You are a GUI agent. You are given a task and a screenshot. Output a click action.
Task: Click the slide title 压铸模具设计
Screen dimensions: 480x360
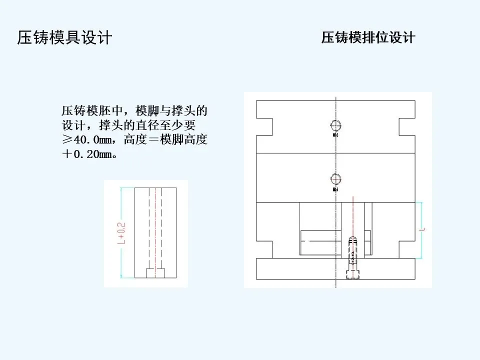pyautogui.click(x=64, y=38)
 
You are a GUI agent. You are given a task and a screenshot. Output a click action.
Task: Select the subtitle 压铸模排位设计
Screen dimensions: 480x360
pyautogui.click(x=368, y=38)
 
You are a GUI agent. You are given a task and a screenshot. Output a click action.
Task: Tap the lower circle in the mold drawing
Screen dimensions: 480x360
pyautogui.click(x=335, y=178)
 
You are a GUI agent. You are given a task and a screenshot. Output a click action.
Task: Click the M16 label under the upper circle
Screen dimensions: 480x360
pyautogui.click(x=335, y=135)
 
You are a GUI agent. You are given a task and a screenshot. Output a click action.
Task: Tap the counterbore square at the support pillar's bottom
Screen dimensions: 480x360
pyautogui.click(x=155, y=273)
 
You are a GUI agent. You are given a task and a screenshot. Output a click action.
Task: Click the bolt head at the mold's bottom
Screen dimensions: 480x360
pyautogui.click(x=354, y=273)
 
